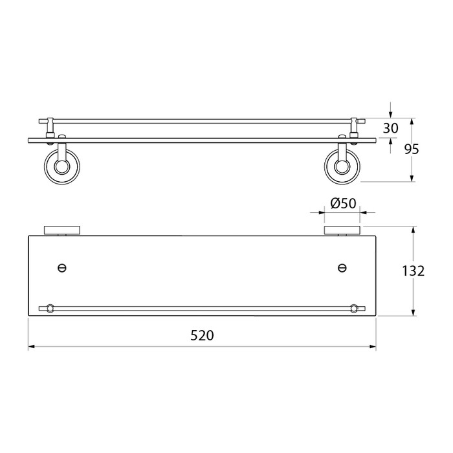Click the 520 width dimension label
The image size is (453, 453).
click(x=202, y=335)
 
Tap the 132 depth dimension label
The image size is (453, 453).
click(x=414, y=271)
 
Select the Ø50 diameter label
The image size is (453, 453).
click(x=343, y=203)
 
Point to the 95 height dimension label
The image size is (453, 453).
click(x=412, y=149)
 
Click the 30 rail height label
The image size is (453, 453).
click(x=391, y=128)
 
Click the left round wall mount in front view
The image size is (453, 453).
click(x=62, y=166)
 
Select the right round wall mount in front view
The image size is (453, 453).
click(x=342, y=166)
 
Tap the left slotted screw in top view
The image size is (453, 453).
click(x=62, y=268)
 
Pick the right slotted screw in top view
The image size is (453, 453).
click(x=342, y=268)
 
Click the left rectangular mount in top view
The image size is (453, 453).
click(x=62, y=230)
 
